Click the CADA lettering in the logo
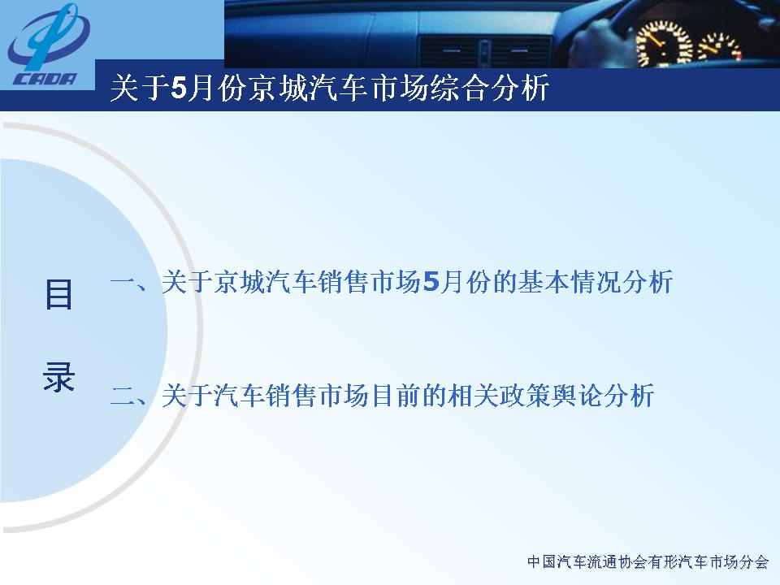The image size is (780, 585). pyautogui.click(x=45, y=79)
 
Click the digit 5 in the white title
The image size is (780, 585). pyautogui.click(x=177, y=89)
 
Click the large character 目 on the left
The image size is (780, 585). pyautogui.click(x=58, y=294)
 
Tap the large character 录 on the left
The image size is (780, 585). pyautogui.click(x=58, y=376)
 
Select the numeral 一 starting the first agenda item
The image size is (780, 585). pyautogui.click(x=123, y=282)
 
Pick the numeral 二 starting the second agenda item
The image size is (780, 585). pyautogui.click(x=123, y=396)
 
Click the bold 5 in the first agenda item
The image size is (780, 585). pyautogui.click(x=431, y=282)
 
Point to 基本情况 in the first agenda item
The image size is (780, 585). pyautogui.click(x=569, y=282)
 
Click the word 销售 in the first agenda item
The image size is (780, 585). pyautogui.click(x=344, y=282)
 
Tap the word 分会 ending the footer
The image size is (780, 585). pyautogui.click(x=755, y=562)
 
